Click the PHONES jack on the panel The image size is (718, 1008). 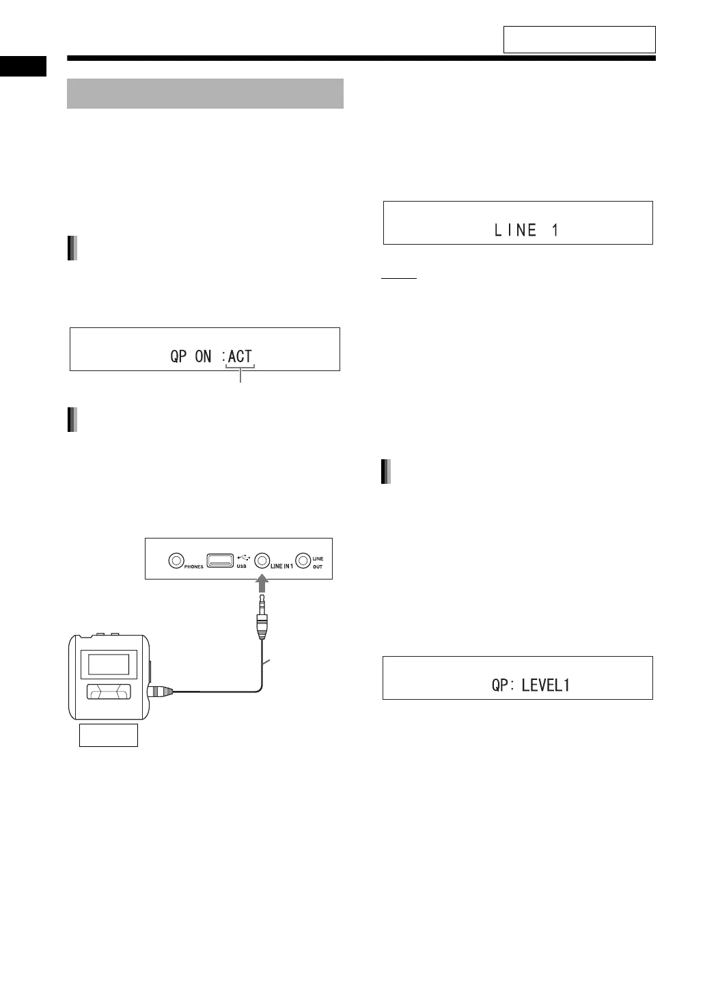176,560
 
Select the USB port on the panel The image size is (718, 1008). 220,560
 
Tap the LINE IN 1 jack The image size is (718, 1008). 262,560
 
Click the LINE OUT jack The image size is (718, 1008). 303,560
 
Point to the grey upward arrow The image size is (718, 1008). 262,582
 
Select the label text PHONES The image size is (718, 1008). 194,567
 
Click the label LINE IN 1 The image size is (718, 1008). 281,566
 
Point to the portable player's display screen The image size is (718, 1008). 105,664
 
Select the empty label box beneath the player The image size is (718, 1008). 109,735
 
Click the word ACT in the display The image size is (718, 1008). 240,356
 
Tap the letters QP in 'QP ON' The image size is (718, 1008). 179,356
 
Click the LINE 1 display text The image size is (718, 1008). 526,230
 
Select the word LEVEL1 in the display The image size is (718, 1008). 545,685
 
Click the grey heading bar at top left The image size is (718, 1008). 205,94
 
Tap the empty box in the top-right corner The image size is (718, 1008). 579,40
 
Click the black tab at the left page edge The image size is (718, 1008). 23,66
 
